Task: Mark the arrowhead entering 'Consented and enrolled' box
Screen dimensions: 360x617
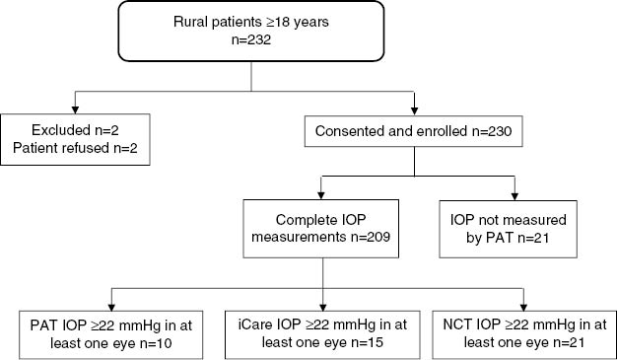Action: pos(415,108)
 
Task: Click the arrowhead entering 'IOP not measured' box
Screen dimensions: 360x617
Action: pos(514,195)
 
